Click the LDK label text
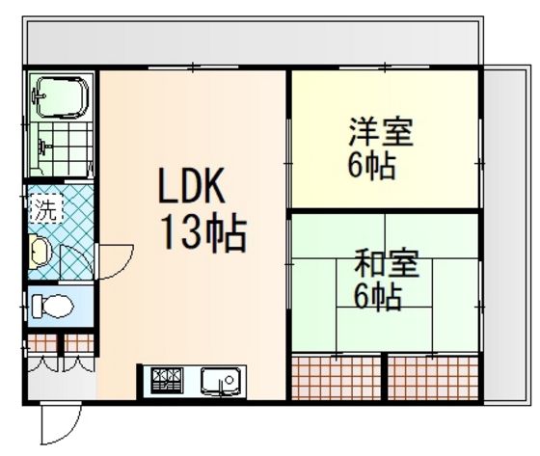pyautogui.click(x=192, y=185)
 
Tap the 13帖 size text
pyautogui.click(x=204, y=232)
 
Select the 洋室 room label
pyautogui.click(x=381, y=131)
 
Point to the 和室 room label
pyautogui.click(x=387, y=263)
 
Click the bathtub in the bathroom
pyautogui.click(x=63, y=97)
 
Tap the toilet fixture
pyautogui.click(x=52, y=307)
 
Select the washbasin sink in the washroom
pyautogui.click(x=40, y=252)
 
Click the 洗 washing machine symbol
pyautogui.click(x=46, y=208)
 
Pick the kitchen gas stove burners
pyautogui.click(x=167, y=381)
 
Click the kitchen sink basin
pyautogui.click(x=221, y=381)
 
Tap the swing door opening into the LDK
pyautogui.click(x=116, y=262)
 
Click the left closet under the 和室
pyautogui.click(x=337, y=378)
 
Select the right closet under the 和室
pyautogui.click(x=433, y=378)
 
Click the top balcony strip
pyautogui.click(x=253, y=42)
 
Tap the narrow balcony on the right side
pyautogui.click(x=505, y=234)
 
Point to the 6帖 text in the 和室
pyautogui.click(x=378, y=297)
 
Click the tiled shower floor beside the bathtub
pyautogui.click(x=66, y=149)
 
